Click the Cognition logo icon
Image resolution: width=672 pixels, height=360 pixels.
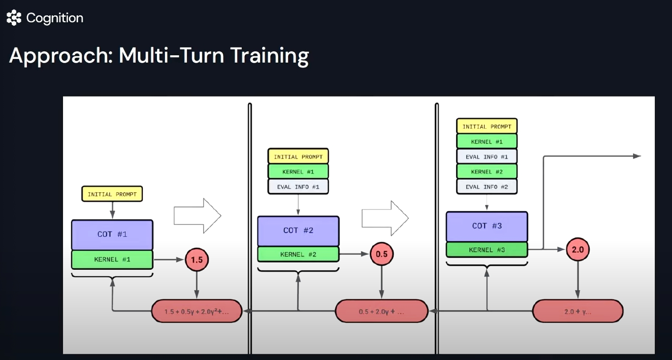[14, 18]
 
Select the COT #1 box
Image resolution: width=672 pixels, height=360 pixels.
[112, 234]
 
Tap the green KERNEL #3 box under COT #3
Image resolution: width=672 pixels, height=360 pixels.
[487, 250]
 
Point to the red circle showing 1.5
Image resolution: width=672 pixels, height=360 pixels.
[197, 260]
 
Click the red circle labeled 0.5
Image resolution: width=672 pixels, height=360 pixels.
[381, 254]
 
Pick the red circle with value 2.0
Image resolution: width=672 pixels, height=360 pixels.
[578, 249]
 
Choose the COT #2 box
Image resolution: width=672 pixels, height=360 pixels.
[298, 230]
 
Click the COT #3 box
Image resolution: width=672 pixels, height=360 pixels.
[487, 226]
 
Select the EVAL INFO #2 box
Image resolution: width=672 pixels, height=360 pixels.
[487, 187]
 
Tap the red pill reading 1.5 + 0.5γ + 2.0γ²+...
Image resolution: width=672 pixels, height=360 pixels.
[196, 311]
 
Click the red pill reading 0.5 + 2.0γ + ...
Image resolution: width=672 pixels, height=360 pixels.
[381, 311]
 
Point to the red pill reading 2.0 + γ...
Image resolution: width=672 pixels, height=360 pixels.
[577, 311]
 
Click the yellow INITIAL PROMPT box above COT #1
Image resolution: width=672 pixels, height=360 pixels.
[112, 194]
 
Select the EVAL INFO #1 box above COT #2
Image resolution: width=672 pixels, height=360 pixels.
[298, 186]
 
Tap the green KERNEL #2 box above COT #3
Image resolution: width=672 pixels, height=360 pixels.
[487, 172]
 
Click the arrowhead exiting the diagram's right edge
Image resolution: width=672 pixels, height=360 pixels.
[637, 156]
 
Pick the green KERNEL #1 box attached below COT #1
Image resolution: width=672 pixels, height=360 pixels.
[112, 259]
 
